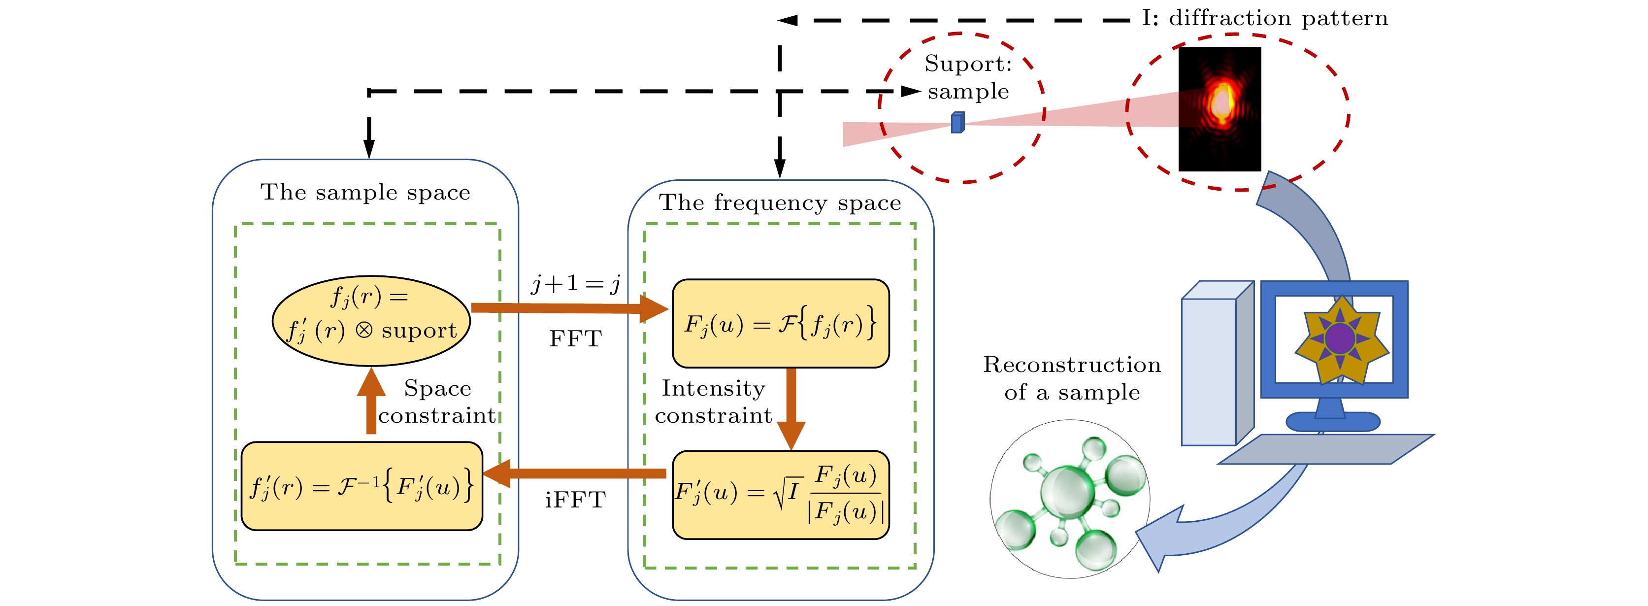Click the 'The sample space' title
(365, 193)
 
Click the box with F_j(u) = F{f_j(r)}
(781, 324)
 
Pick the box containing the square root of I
(781, 495)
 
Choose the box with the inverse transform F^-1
(362, 486)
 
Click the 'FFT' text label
(575, 339)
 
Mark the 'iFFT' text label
(575, 500)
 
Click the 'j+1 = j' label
(575, 283)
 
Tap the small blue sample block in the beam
(957, 122)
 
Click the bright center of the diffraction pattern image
(1221, 102)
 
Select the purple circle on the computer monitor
(1340, 338)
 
